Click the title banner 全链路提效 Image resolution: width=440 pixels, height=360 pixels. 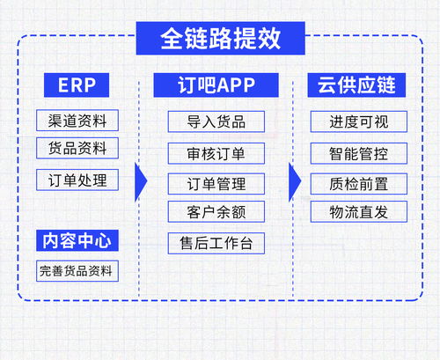pyautogui.click(x=220, y=37)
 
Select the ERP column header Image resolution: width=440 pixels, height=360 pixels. pyautogui.click(x=77, y=85)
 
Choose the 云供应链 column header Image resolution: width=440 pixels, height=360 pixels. pyautogui.click(x=356, y=85)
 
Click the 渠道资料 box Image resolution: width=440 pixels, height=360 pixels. pyautogui.click(x=77, y=121)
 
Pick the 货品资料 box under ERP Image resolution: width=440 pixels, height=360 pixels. pyautogui.click(x=77, y=148)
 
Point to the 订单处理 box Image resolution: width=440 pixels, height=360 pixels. pyautogui.click(x=77, y=180)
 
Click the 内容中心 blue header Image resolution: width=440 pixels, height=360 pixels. pyautogui.click(x=77, y=240)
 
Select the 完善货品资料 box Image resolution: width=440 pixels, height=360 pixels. pyautogui.click(x=77, y=271)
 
